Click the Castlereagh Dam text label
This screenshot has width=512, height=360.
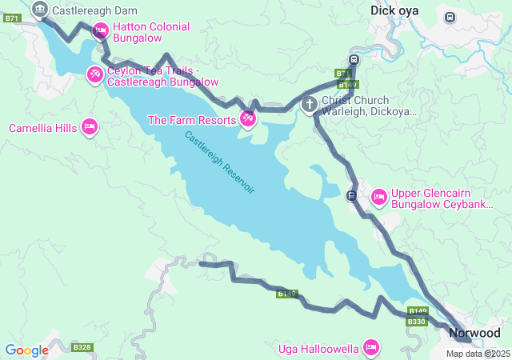94,10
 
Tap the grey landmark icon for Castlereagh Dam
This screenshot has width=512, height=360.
40,10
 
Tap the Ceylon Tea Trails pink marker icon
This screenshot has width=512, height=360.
94,74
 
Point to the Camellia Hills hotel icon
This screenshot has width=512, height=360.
90,127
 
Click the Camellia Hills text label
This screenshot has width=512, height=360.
42,128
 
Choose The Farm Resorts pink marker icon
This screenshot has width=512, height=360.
248,119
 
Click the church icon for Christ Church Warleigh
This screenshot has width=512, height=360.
309,104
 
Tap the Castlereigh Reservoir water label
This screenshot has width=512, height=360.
219,162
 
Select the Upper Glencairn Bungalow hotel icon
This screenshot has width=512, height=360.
378,196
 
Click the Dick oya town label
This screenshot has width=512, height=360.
394,10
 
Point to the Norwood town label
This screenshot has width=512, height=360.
474,333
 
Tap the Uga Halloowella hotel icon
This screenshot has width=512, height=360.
370,347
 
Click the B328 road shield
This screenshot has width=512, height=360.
82,347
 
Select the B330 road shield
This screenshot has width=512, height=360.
417,322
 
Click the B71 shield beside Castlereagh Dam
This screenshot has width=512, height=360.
11,18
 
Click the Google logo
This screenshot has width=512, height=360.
26,350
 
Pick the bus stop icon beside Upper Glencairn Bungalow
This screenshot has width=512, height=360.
351,195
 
